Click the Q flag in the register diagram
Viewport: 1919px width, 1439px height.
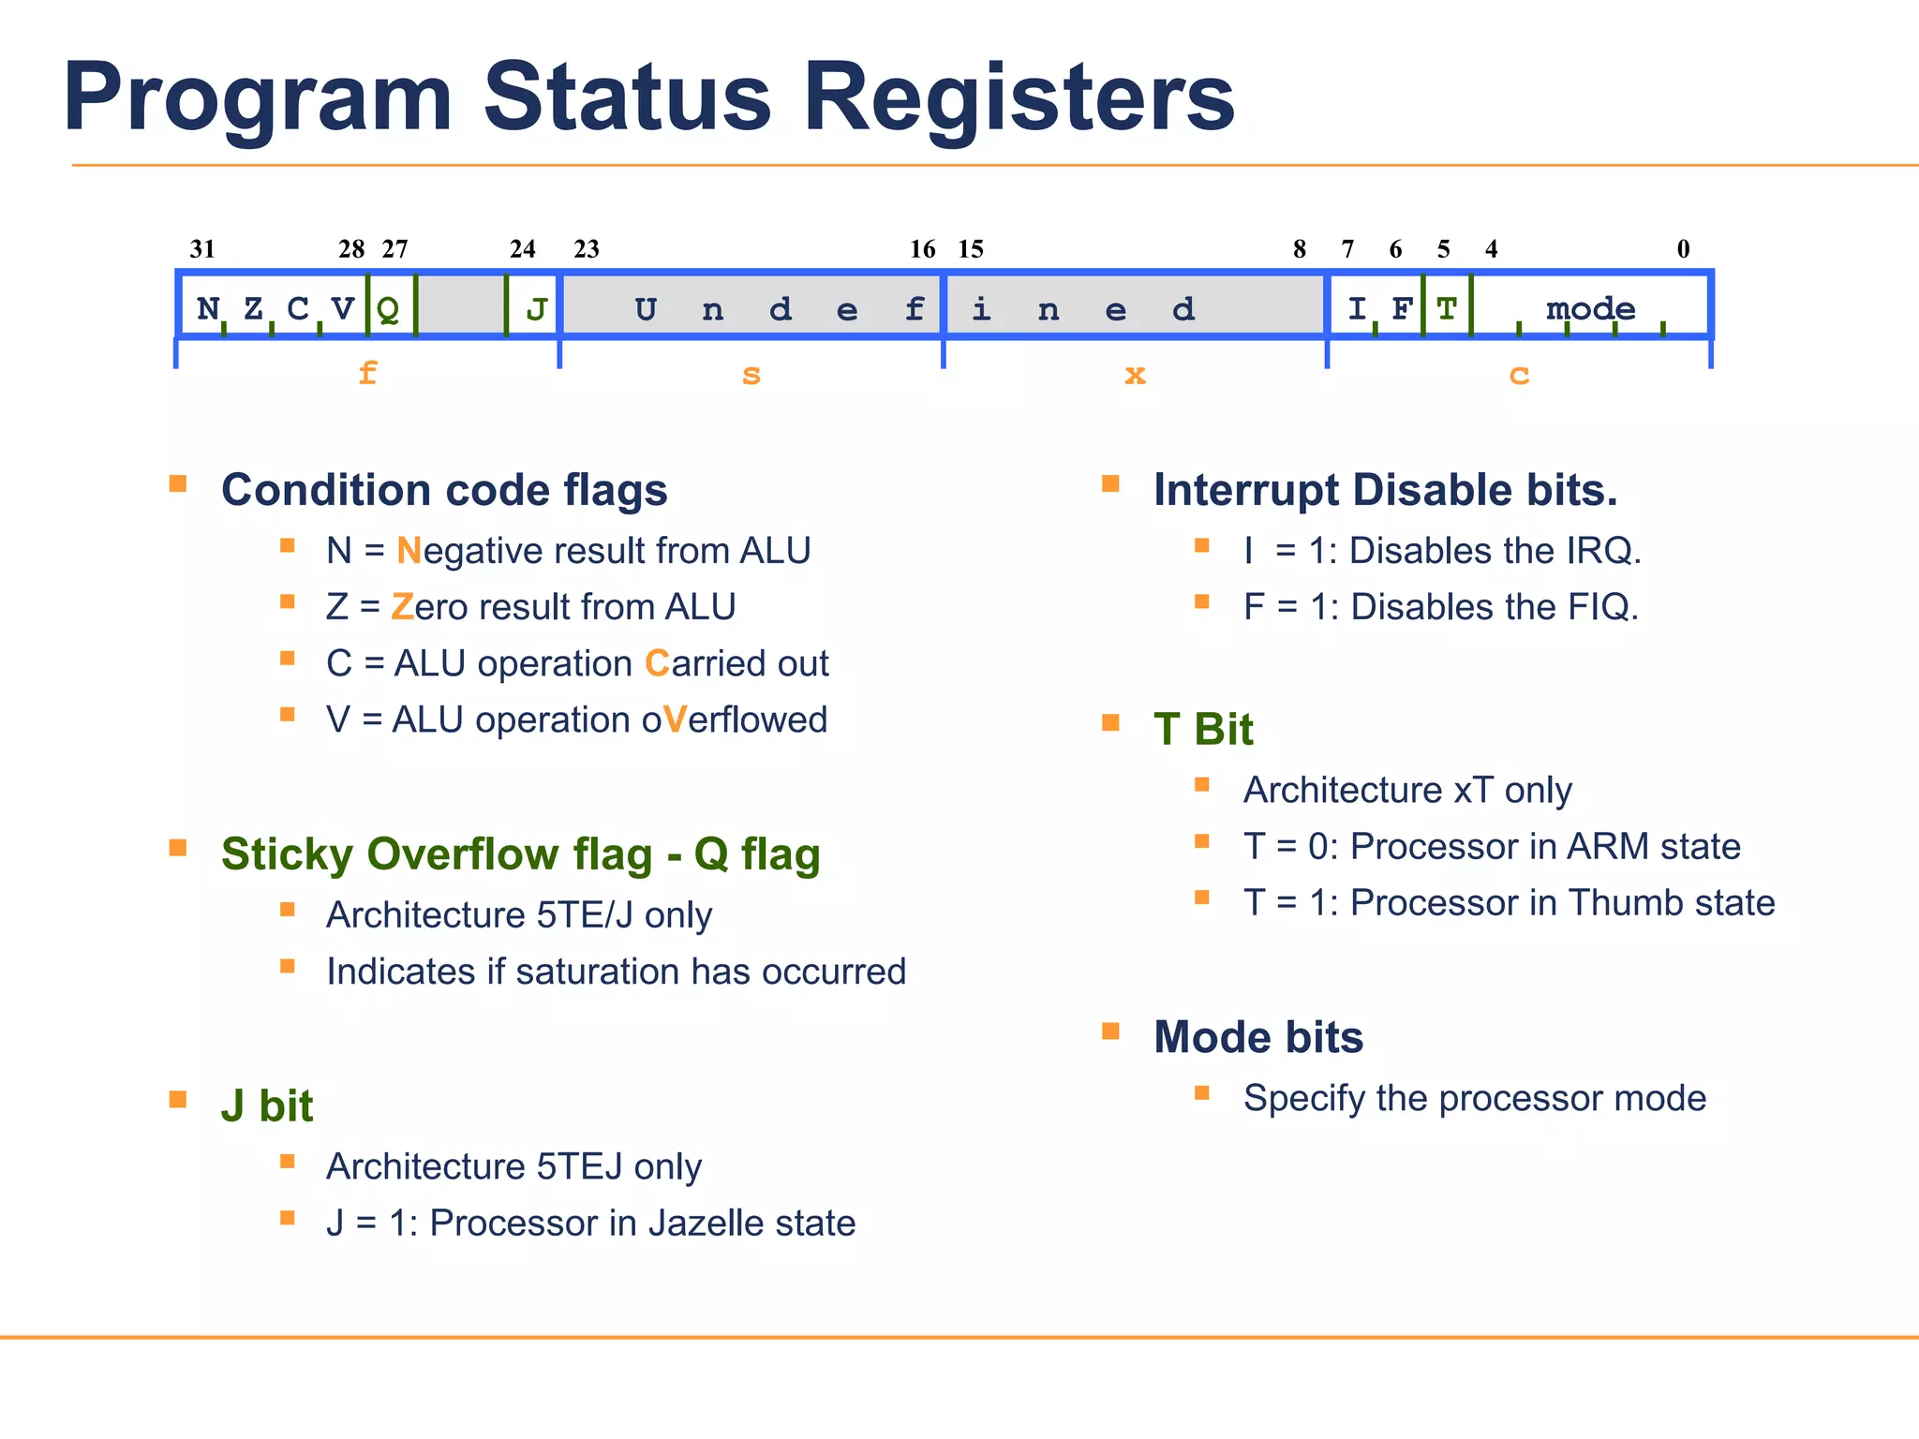388,309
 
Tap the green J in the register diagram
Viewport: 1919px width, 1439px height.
536,309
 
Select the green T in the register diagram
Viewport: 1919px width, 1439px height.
1447,308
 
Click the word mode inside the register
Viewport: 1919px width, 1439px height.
1590,308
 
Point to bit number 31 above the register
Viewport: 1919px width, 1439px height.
202,249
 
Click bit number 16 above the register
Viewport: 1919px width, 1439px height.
922,249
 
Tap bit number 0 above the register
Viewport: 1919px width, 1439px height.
1683,249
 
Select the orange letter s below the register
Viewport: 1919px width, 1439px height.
751,375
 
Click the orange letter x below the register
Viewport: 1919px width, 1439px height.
1135,375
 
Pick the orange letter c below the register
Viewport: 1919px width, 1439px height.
1519,375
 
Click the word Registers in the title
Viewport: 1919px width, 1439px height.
1019,97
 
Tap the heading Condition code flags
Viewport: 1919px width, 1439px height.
444,490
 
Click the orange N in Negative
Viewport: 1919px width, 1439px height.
409,551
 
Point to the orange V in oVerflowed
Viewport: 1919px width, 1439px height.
675,720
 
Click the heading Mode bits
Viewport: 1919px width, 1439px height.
1257,1037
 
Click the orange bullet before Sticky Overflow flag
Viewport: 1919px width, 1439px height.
178,848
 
